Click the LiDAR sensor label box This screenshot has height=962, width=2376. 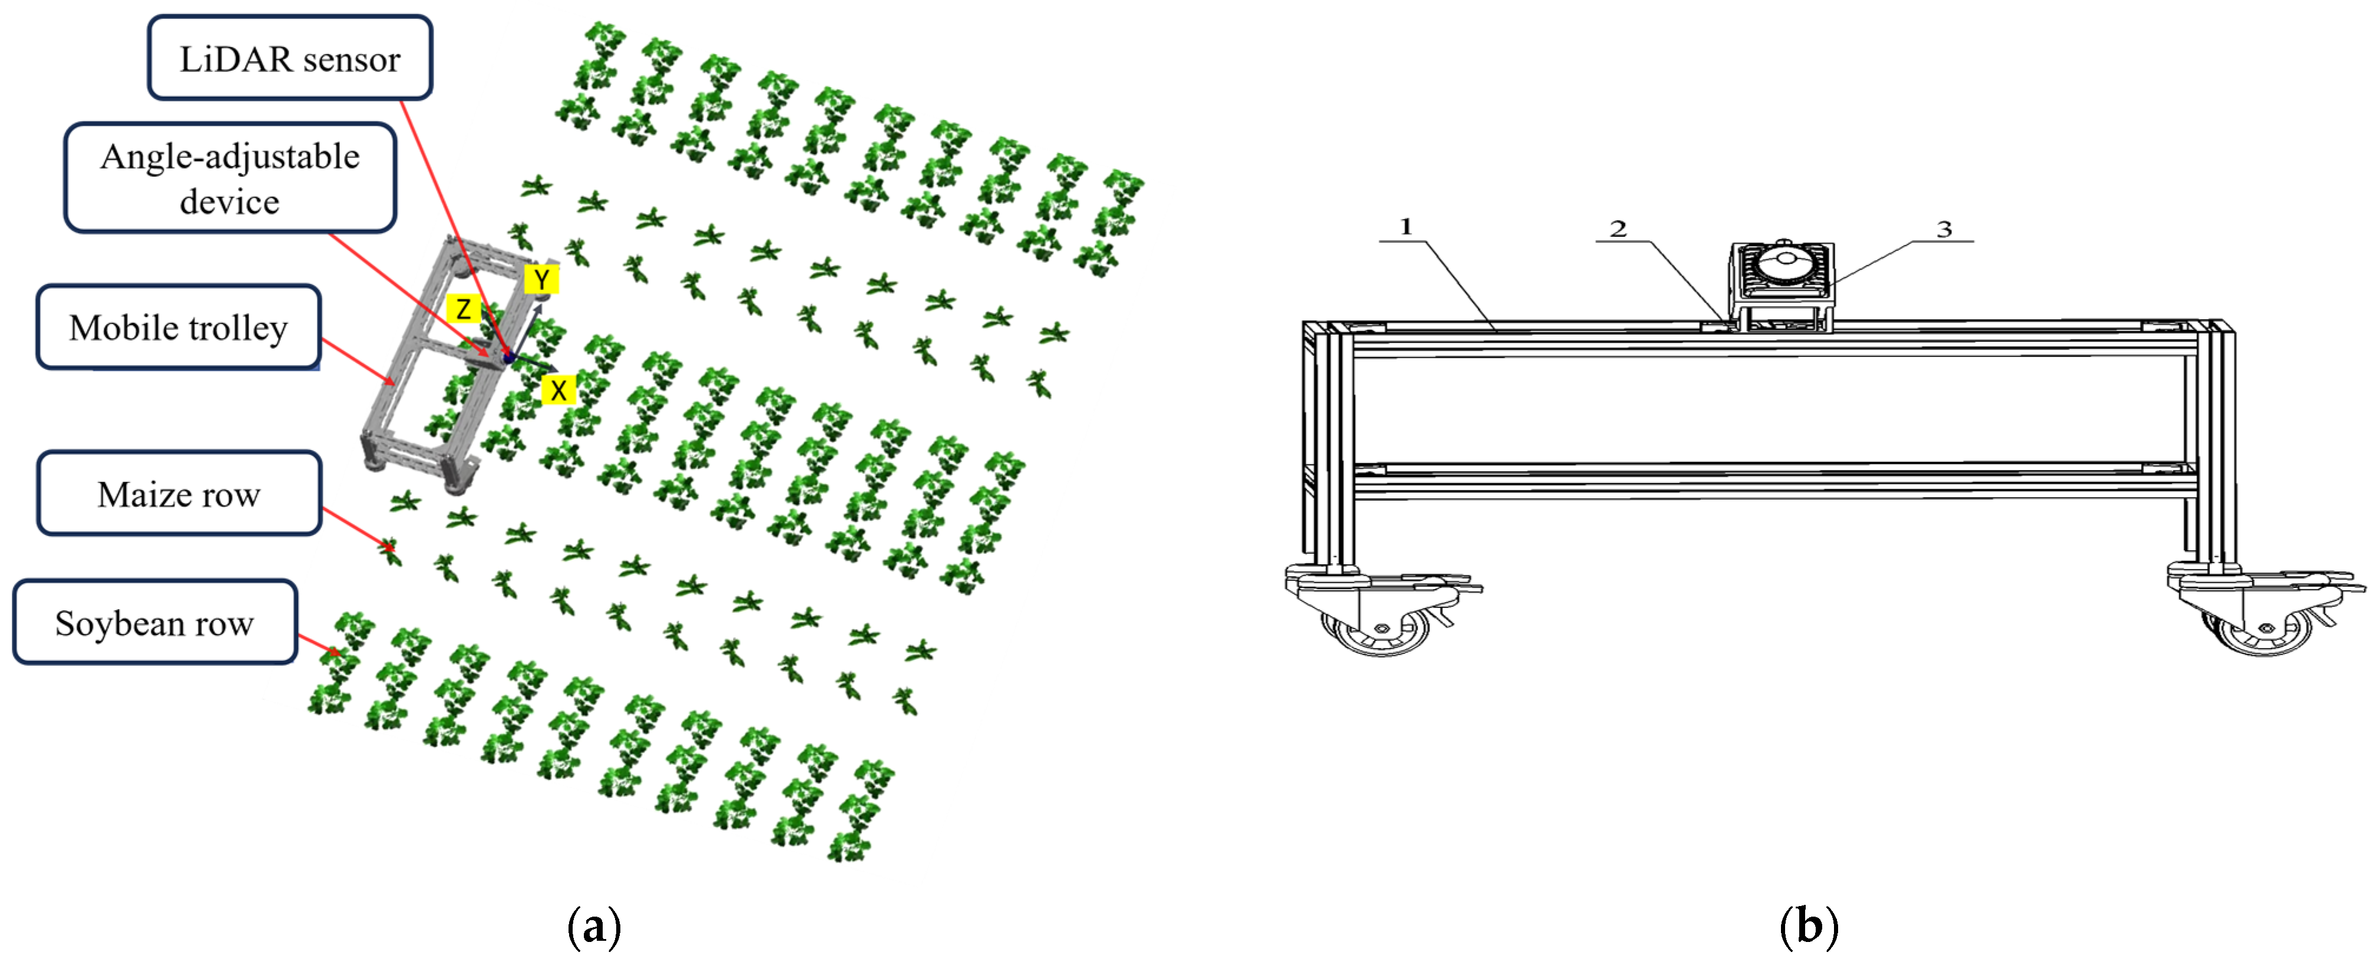coord(290,57)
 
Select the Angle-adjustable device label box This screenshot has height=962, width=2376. coord(230,177)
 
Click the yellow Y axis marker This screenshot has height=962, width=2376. coord(541,279)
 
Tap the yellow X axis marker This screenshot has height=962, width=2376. coord(558,390)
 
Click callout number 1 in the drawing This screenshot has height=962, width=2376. coord(1406,226)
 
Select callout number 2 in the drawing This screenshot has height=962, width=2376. coord(1619,229)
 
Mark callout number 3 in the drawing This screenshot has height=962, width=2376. coord(1944,229)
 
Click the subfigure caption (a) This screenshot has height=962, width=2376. coord(594,926)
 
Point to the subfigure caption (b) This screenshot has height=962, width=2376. coord(1809,926)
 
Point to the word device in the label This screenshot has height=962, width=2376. coord(230,201)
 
